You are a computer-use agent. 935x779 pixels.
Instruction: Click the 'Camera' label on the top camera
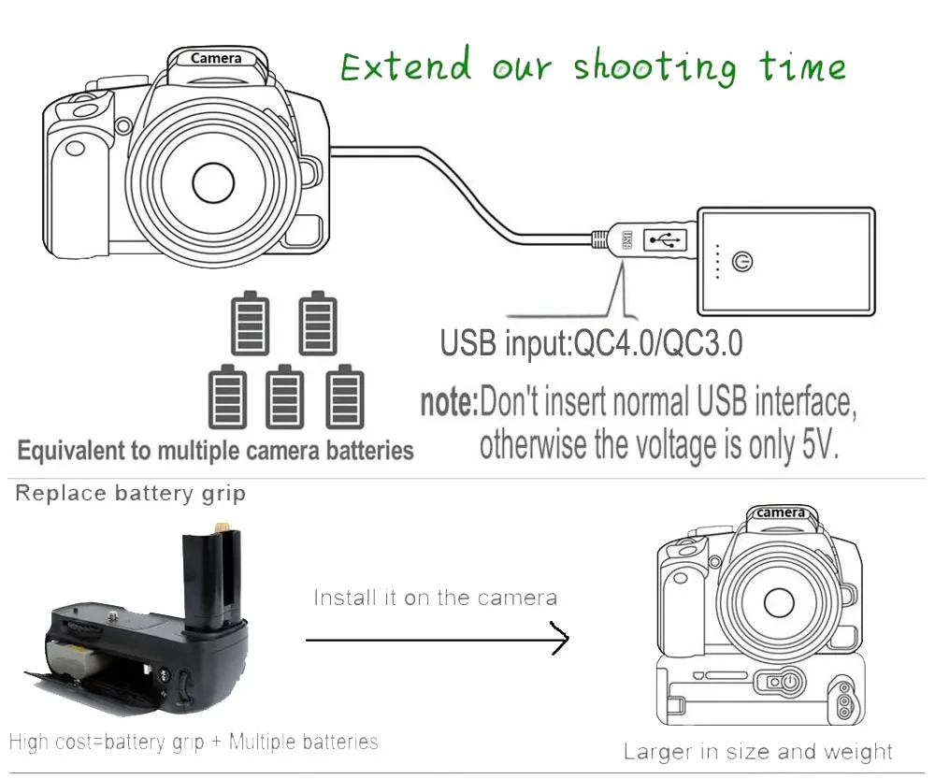click(216, 59)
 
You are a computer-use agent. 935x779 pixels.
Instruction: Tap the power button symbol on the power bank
click(741, 261)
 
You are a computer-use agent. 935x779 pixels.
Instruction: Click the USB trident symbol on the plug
click(666, 240)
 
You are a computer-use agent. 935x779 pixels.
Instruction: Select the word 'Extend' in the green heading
click(406, 65)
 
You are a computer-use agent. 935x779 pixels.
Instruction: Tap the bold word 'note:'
click(449, 402)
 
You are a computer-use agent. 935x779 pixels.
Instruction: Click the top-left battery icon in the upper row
click(250, 324)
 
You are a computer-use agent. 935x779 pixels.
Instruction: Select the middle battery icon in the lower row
click(284, 397)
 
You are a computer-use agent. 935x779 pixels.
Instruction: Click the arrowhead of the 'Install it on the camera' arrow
click(560, 638)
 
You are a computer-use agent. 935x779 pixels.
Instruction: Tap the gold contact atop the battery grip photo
click(222, 527)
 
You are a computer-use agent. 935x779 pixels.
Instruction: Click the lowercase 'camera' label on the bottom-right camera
click(780, 512)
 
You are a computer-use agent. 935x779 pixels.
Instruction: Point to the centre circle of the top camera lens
click(213, 182)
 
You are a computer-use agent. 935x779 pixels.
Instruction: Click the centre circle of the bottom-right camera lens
click(779, 602)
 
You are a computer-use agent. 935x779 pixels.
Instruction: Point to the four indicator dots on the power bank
click(717, 261)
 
